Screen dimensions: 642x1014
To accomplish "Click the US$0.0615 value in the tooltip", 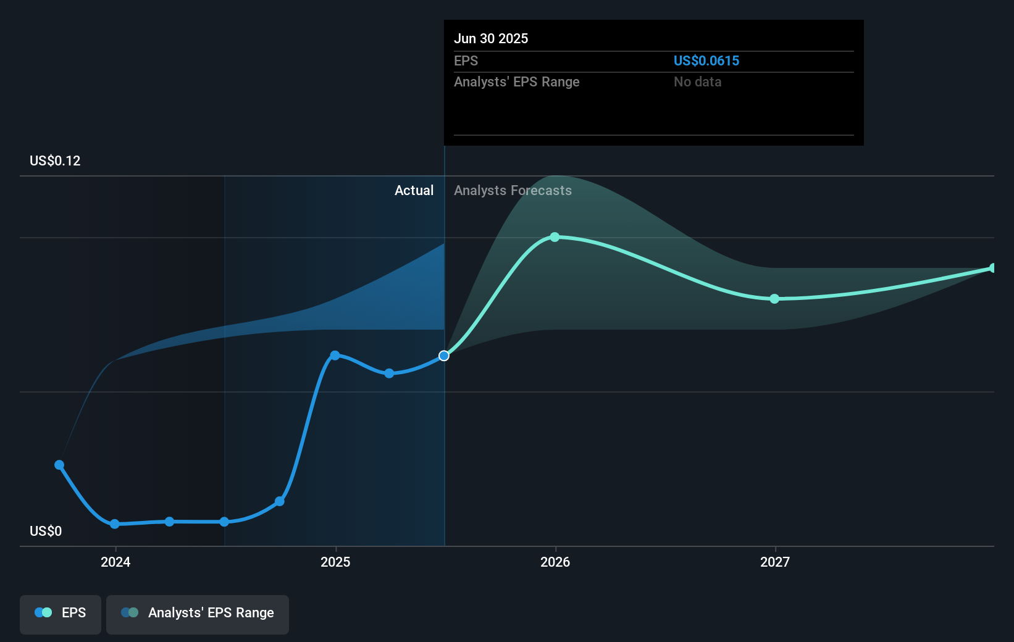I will click(x=706, y=60).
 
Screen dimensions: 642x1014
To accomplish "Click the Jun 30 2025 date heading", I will click(x=491, y=38).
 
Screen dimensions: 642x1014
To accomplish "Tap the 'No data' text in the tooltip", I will click(x=697, y=81).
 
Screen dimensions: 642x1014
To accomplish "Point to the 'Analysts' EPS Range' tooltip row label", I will click(x=516, y=81).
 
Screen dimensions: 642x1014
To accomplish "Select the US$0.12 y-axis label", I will click(x=55, y=160).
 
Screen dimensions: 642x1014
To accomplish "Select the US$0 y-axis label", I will click(x=46, y=531).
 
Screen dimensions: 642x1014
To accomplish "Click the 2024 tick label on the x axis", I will click(x=115, y=562).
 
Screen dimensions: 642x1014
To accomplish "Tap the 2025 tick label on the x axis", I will click(x=335, y=562).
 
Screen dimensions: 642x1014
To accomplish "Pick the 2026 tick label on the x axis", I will click(x=555, y=562).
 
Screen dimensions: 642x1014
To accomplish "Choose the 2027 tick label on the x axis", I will click(x=775, y=562).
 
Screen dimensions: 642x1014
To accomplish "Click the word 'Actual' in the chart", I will click(x=414, y=190).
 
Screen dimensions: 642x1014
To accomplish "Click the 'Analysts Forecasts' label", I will click(x=513, y=190).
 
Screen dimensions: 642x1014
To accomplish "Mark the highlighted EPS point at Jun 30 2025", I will click(x=444, y=356).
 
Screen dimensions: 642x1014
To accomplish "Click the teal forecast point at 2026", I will click(x=555, y=237).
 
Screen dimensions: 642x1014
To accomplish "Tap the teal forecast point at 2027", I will click(x=774, y=299).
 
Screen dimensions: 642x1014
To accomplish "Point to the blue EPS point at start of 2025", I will click(x=335, y=355).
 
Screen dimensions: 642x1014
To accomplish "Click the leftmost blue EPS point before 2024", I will click(x=59, y=465).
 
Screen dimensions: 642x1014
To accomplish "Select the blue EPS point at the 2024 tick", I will click(x=115, y=524).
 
